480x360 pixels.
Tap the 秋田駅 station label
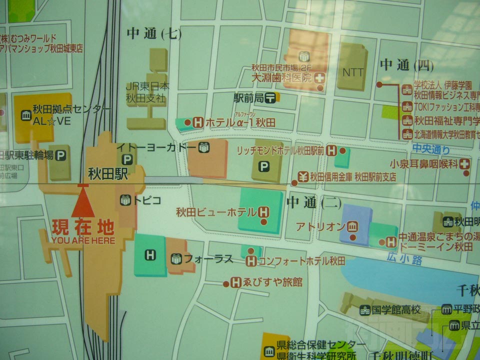click(x=108, y=174)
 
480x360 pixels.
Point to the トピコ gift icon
click(x=125, y=200)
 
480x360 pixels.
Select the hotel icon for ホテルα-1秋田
click(x=197, y=121)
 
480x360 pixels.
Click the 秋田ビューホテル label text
click(x=215, y=212)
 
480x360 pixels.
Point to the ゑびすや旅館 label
click(x=273, y=282)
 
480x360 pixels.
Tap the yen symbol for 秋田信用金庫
click(x=302, y=176)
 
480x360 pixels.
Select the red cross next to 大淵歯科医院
click(x=319, y=78)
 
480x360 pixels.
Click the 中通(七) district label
click(x=153, y=34)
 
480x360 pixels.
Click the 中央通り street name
click(x=431, y=148)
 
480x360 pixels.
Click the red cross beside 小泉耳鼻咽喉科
click(x=465, y=163)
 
